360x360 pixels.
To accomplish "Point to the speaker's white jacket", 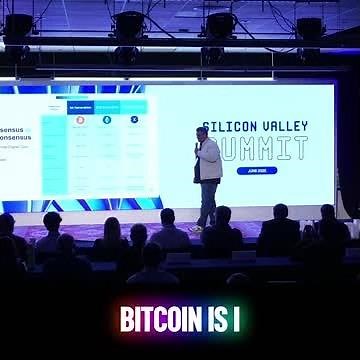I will click(x=208, y=160).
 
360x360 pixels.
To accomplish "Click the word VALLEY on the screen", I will click(x=285, y=126).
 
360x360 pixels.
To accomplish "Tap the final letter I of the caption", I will click(x=237, y=319).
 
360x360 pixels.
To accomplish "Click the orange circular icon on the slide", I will click(x=80, y=119).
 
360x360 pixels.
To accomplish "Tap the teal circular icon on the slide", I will click(x=107, y=119).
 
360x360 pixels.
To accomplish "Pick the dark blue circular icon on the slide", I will click(x=134, y=119).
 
